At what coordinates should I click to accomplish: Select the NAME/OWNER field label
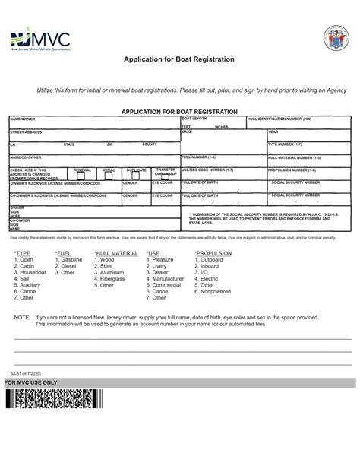point(23,119)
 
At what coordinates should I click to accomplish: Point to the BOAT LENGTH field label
point(194,119)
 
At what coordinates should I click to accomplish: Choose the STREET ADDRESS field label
point(26,132)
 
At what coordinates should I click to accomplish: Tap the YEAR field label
point(273,132)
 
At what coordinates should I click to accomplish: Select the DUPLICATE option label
point(136,170)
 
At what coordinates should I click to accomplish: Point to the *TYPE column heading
point(22,252)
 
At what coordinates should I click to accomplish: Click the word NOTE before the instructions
point(22,316)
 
